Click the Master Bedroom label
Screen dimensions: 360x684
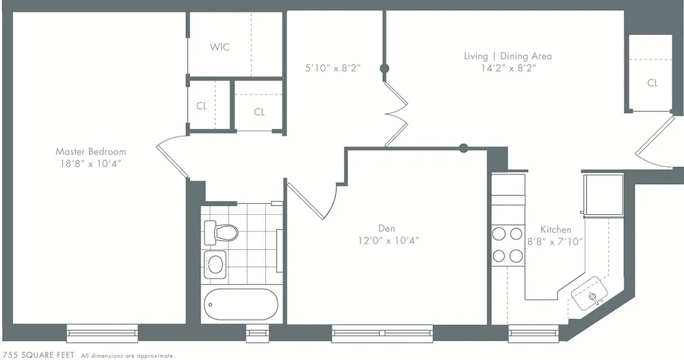click(x=90, y=151)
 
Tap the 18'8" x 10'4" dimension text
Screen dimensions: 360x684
click(x=90, y=164)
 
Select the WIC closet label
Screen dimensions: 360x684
click(x=220, y=47)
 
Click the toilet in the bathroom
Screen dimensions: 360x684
click(x=221, y=232)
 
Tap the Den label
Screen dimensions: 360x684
click(x=386, y=228)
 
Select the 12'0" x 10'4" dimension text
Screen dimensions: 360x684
click(x=388, y=240)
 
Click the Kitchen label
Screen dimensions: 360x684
click(x=555, y=229)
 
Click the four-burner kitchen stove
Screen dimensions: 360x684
click(x=508, y=244)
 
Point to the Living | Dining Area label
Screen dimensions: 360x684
click(x=507, y=56)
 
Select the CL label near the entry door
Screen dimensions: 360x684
click(x=653, y=83)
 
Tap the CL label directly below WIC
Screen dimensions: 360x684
click(x=201, y=106)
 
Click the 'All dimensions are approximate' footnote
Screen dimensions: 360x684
click(x=128, y=356)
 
